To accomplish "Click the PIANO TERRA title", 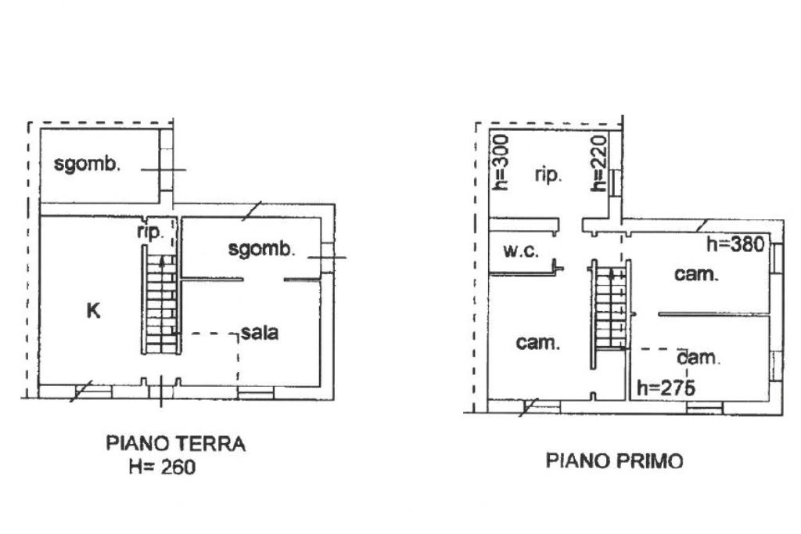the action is coord(176,443).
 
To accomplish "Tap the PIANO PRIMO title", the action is coord(615,461).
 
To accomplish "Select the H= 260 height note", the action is coord(162,467).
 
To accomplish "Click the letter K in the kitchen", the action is coord(93,311).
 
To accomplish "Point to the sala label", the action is coord(260,333).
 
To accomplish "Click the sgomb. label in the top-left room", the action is coord(87,164).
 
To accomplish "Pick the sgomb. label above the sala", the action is coord(261,248).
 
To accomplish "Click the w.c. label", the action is coord(520,251).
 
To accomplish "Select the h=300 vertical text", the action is coord(501,162).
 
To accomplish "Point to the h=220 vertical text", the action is coord(598,163).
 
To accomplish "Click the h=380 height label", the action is coord(735,244).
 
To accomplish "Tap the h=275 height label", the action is coord(666,388).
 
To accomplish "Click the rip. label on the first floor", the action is coord(548,175).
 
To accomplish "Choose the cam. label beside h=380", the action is coord(696,274).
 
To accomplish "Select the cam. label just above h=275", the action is coord(699,358).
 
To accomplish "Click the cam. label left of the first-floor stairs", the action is coord(538,342).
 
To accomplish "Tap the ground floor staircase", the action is coord(161,300).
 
